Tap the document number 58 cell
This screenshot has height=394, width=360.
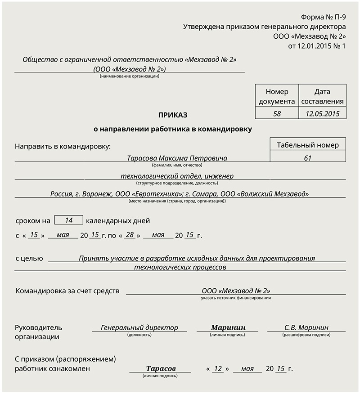[277, 114]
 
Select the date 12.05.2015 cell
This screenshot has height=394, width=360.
[322, 114]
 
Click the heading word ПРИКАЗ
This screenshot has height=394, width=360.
[173, 115]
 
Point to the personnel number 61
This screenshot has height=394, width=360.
[308, 158]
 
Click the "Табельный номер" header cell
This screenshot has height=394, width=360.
[308, 145]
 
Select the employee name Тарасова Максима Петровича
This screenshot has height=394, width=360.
[177, 158]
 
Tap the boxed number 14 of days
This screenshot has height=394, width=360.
[69, 220]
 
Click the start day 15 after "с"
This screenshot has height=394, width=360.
[33, 235]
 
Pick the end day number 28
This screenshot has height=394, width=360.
[130, 235]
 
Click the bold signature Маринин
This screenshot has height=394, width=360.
[228, 328]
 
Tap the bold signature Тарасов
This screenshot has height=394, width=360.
[161, 369]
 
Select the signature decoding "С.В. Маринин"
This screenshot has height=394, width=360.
[306, 328]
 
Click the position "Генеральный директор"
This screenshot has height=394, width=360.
[139, 328]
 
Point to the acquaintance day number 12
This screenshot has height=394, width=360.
[218, 369]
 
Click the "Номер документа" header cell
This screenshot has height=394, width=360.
[277, 96]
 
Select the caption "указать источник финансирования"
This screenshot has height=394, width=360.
[236, 298]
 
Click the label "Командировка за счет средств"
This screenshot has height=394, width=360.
[67, 291]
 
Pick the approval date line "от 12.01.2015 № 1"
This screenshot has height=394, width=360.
[317, 46]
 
